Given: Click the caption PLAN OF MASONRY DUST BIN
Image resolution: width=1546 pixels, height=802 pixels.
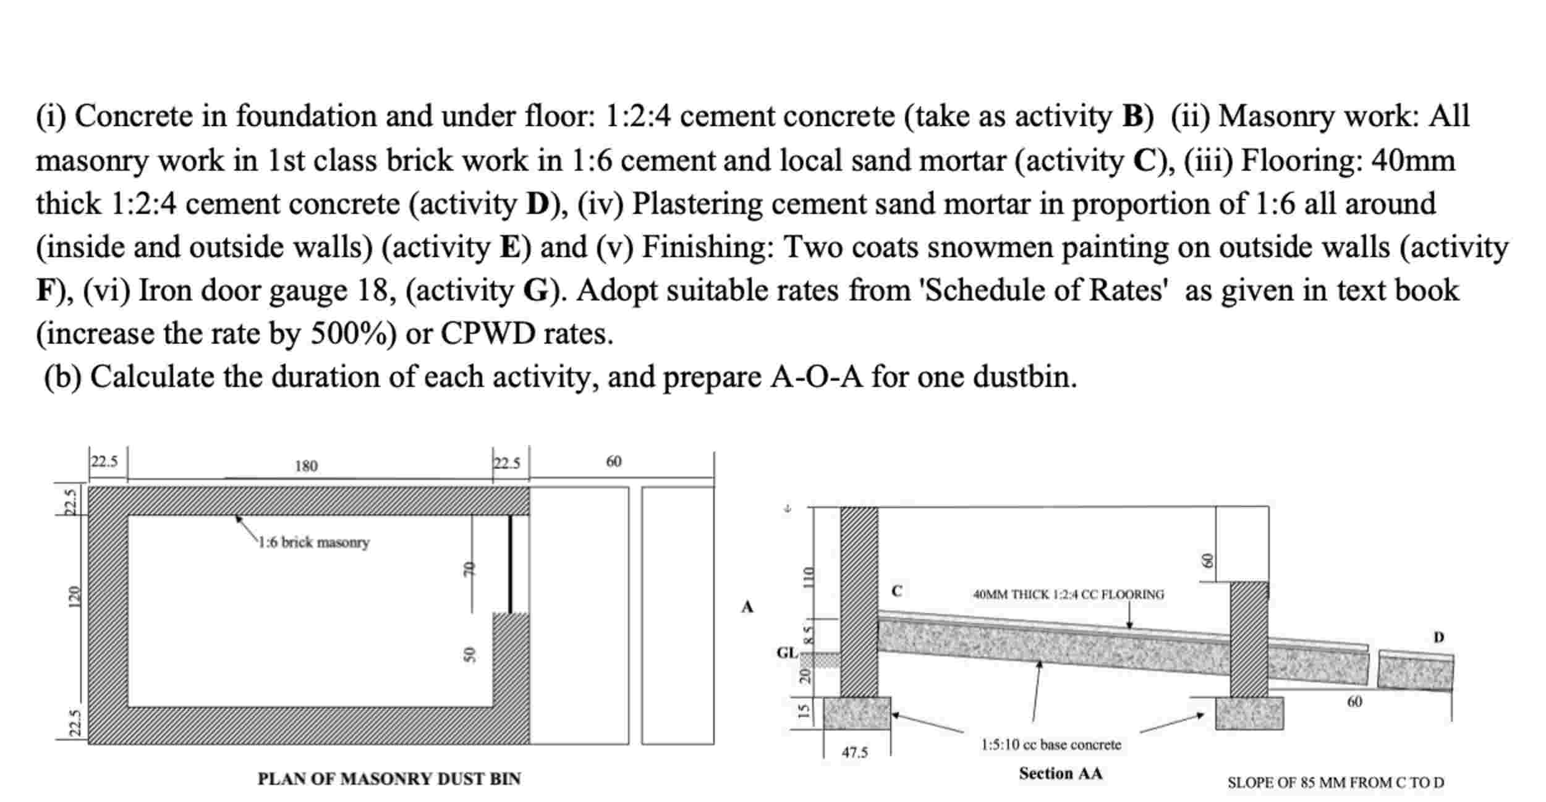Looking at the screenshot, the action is point(389,779).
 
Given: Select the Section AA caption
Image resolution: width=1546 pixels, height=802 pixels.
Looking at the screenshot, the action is point(1060,773).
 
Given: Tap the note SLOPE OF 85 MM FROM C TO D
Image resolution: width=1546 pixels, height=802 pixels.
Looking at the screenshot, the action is point(1335,782).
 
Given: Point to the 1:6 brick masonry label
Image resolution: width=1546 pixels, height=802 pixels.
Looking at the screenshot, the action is point(313,542).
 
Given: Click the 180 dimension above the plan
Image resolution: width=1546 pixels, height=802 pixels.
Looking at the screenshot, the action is point(306,466).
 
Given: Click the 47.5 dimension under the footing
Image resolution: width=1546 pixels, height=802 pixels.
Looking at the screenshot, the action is point(855,752).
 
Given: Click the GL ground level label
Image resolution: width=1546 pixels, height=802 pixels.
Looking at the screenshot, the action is point(787,652).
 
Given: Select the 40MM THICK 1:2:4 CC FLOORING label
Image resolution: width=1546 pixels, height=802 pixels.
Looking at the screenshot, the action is point(1068,594).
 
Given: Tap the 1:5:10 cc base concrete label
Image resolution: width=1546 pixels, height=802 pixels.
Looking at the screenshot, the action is point(1051,745).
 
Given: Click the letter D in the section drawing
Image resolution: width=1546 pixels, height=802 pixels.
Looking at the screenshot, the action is point(1439,637).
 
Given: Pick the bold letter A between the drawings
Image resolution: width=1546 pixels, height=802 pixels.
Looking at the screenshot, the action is point(747,607).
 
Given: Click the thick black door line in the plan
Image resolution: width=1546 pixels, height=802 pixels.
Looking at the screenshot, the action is point(510,564).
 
